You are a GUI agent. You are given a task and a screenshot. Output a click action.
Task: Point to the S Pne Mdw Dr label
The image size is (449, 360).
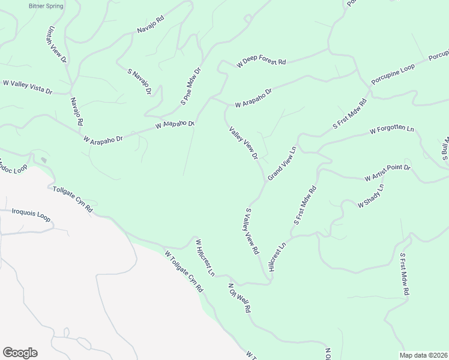pyautogui.click(x=191, y=87)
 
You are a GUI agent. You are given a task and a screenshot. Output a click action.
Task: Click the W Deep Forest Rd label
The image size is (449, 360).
pyautogui.click(x=261, y=62)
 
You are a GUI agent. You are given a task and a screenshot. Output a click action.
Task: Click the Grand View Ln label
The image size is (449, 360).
pyautogui.click(x=282, y=163)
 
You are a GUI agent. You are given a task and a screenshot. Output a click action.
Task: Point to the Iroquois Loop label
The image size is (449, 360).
pyautogui.click(x=31, y=212)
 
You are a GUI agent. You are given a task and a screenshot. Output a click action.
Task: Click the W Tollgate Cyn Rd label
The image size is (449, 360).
pyautogui.click(x=184, y=271)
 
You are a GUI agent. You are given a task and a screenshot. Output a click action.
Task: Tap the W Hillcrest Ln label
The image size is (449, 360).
pyautogui.click(x=205, y=257)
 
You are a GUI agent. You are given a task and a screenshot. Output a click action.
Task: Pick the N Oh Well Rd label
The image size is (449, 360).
pyautogui.click(x=238, y=298)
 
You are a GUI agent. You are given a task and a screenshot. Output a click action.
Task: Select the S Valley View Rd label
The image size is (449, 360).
pyautogui.click(x=252, y=230)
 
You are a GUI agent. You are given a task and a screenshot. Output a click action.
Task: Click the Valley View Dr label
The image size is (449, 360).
pyautogui.click(x=243, y=143)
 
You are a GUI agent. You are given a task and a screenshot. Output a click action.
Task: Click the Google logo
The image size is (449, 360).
pyautogui.click(x=20, y=353)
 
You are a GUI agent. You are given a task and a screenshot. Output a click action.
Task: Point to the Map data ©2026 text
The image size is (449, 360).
pyautogui.click(x=423, y=355)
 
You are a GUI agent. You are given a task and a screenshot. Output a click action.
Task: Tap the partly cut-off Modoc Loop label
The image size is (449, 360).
pyautogui.click(x=8, y=164)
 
